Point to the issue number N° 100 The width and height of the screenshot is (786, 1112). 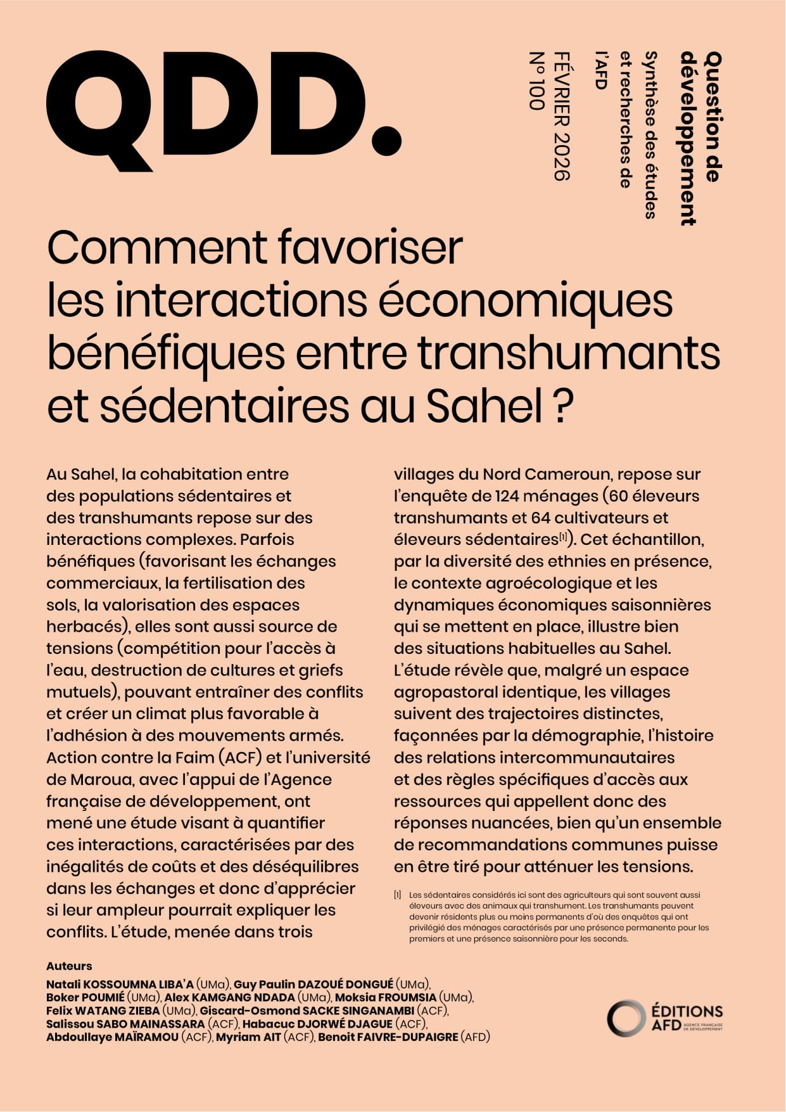pyautogui.click(x=536, y=81)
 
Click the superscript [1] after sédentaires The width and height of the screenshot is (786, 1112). pyautogui.click(x=562, y=537)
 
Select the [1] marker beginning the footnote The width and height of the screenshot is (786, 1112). pyautogui.click(x=397, y=895)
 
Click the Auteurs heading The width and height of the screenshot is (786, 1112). pyautogui.click(x=69, y=966)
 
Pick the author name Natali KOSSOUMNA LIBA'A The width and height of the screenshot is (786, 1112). pyautogui.click(x=120, y=984)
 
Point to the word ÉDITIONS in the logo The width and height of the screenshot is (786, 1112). pyautogui.click(x=687, y=1011)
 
